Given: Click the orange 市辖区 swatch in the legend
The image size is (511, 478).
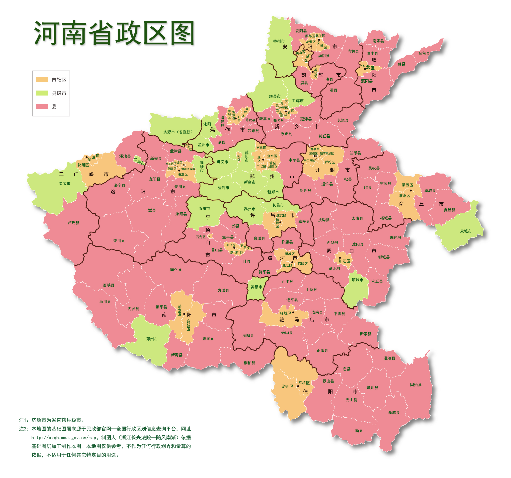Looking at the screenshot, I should (42, 80).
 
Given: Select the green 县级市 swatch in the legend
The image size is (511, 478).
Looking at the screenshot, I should (42, 93).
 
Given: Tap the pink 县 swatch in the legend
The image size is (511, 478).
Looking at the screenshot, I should (42, 106).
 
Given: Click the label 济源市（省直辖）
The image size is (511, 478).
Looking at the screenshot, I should (178, 132).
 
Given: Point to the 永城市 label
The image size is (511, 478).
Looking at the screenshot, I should (466, 231).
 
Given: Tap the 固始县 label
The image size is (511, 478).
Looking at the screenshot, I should (416, 385).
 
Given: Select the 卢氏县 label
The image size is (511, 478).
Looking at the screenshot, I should (74, 223).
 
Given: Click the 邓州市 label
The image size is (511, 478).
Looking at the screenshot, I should (152, 339).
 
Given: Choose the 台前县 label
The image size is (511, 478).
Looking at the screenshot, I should (424, 53).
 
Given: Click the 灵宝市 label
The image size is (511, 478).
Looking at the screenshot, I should (64, 183).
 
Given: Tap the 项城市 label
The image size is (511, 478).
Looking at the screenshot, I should (358, 280).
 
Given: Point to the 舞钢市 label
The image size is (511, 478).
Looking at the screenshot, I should (256, 287).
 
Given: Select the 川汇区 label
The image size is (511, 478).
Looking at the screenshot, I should (344, 261).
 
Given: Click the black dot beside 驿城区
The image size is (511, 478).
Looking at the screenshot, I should (293, 312).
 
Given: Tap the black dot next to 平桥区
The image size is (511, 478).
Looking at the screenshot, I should (298, 386).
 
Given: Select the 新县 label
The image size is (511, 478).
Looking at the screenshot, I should (359, 431).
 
